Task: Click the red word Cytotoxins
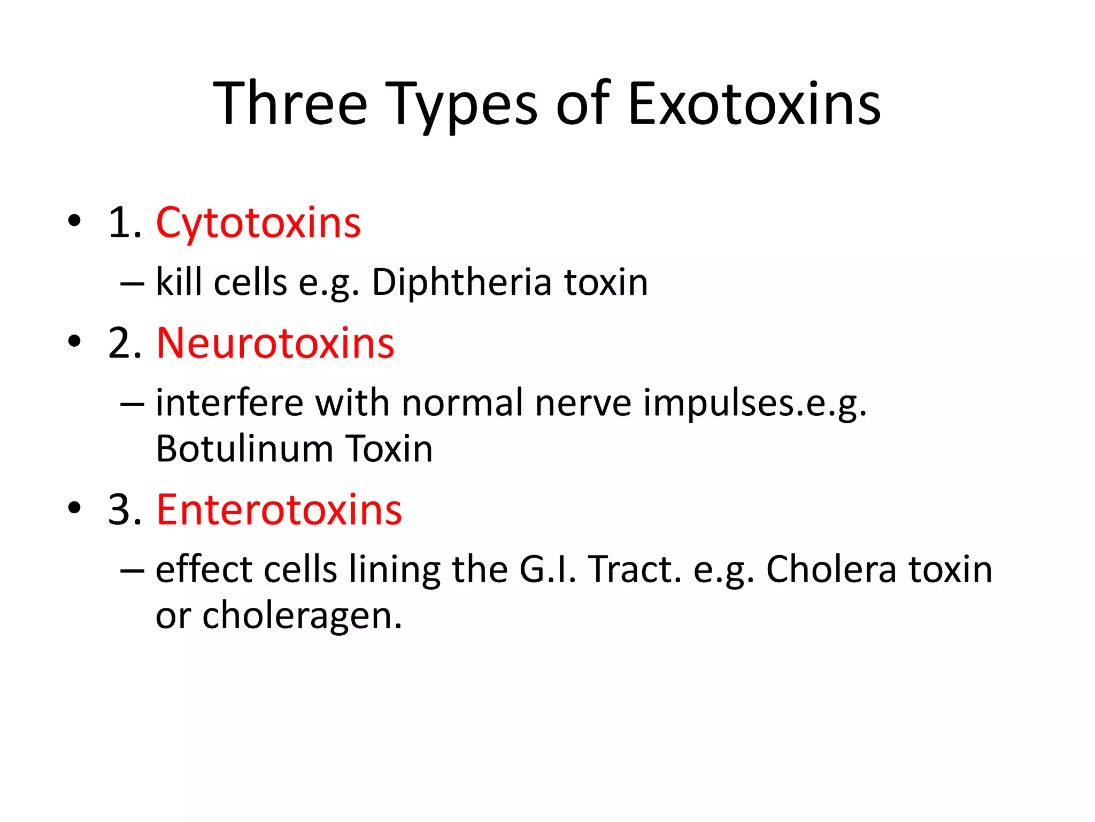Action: coord(258,223)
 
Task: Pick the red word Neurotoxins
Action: coord(275,343)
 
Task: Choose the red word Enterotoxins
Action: coord(279,509)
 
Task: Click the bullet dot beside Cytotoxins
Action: coord(74,220)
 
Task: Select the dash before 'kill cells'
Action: coord(132,283)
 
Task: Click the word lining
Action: coord(395,569)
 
